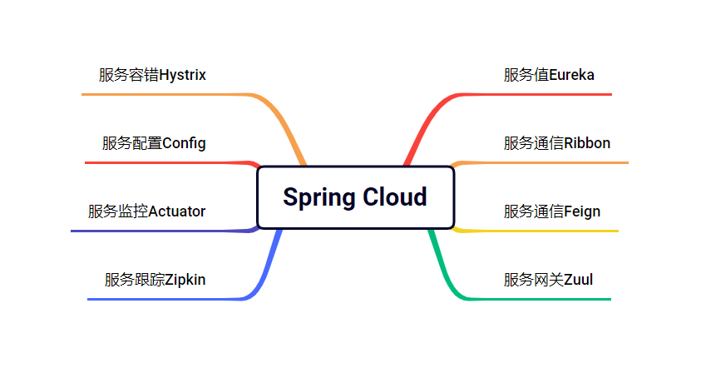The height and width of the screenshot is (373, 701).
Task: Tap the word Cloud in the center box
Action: [x=394, y=197]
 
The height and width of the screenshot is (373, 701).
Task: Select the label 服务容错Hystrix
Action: [x=152, y=75]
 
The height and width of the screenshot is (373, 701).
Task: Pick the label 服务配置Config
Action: [x=154, y=143]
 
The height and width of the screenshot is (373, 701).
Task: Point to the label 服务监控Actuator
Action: [x=146, y=211]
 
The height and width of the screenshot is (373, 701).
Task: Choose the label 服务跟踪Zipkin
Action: [x=155, y=280]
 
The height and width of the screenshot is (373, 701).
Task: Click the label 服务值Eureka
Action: [x=549, y=75]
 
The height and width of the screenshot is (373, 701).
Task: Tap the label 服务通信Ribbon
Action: [x=556, y=143]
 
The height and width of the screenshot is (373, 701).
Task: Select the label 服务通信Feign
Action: [x=551, y=211]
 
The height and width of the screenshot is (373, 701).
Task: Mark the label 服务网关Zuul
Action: [x=548, y=280]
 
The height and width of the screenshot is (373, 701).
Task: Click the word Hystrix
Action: [x=182, y=75]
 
